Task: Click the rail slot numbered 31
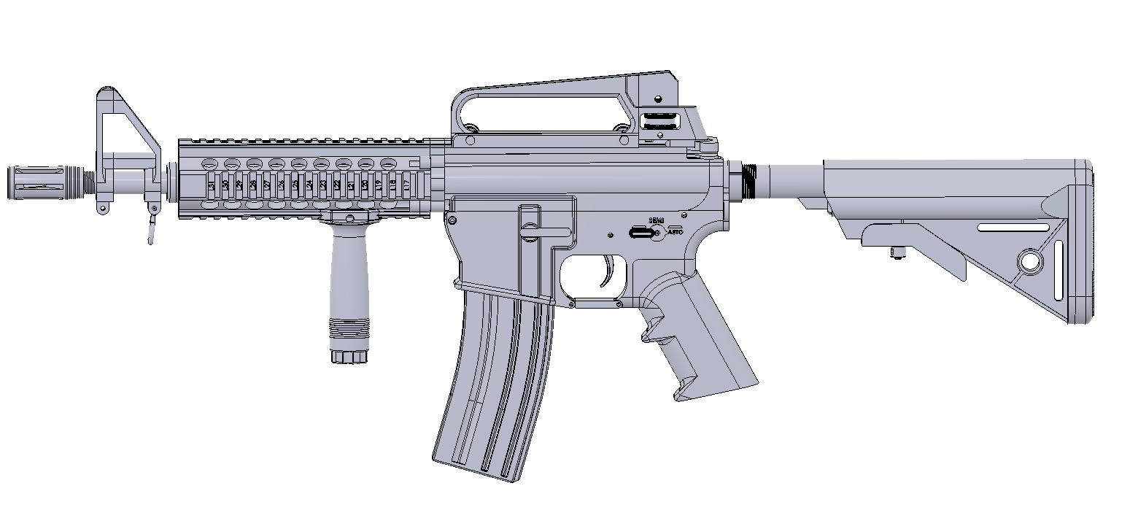click(x=212, y=185)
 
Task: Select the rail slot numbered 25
click(x=295, y=185)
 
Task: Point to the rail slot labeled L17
click(x=406, y=185)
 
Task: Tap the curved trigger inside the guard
click(x=610, y=273)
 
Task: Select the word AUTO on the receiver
click(x=676, y=231)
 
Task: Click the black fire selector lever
click(x=642, y=233)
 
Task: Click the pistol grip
click(x=700, y=336)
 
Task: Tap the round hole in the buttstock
click(x=1030, y=260)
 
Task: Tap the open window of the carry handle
click(x=540, y=109)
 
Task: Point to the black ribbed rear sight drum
click(x=660, y=121)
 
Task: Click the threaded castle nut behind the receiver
click(x=747, y=180)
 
